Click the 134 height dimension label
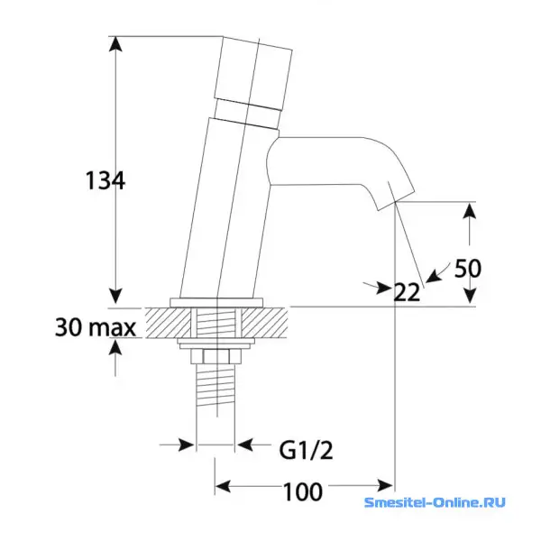coord(105,180)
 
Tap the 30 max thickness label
coord(96,327)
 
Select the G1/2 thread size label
coord(306,450)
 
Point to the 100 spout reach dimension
coord(303,491)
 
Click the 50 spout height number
coord(467,269)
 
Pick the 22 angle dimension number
coord(408,292)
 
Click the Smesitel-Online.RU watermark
coord(435,502)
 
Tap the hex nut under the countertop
coord(216,356)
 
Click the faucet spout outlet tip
coord(396,203)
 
